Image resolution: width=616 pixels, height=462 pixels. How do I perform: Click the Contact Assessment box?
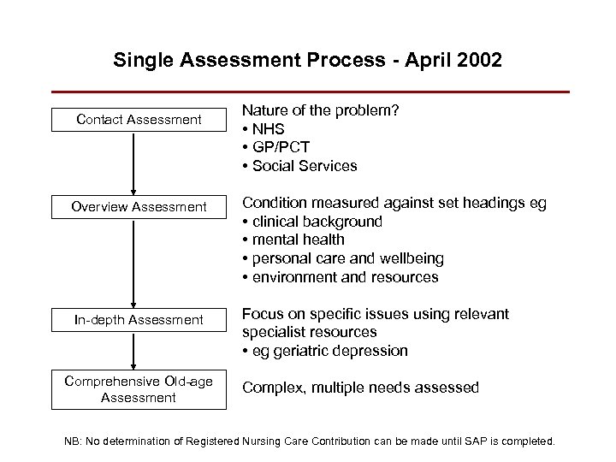[139, 121]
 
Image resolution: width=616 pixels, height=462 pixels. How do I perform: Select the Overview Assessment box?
[139, 206]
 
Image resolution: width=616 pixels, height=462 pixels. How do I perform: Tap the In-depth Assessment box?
[139, 320]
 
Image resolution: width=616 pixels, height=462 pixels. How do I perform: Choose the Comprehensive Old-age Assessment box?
[139, 389]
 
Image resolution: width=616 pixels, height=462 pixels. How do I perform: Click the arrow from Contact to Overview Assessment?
[133, 163]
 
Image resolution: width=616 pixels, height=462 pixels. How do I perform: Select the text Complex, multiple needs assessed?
[360, 388]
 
